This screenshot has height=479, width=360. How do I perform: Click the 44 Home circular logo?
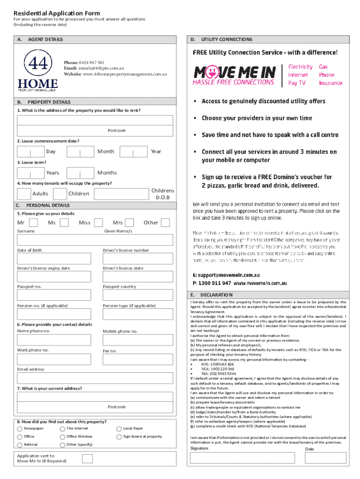click(x=37, y=64)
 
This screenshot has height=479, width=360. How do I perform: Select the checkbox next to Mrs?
click(x=130, y=223)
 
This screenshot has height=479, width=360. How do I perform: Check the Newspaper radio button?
click(x=20, y=428)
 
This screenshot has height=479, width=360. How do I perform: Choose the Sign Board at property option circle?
click(x=119, y=436)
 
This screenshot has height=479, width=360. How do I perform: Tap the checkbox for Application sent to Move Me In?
click(x=87, y=458)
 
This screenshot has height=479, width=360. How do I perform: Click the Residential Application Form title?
click(x=57, y=13)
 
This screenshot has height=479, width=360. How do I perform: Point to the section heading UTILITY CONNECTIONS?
click(x=227, y=39)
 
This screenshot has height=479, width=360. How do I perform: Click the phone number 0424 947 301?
click(x=91, y=62)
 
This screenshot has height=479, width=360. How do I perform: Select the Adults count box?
click(x=24, y=194)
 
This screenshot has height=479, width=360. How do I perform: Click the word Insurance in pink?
click(x=331, y=83)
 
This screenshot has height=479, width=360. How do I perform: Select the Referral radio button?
click(x=20, y=444)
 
